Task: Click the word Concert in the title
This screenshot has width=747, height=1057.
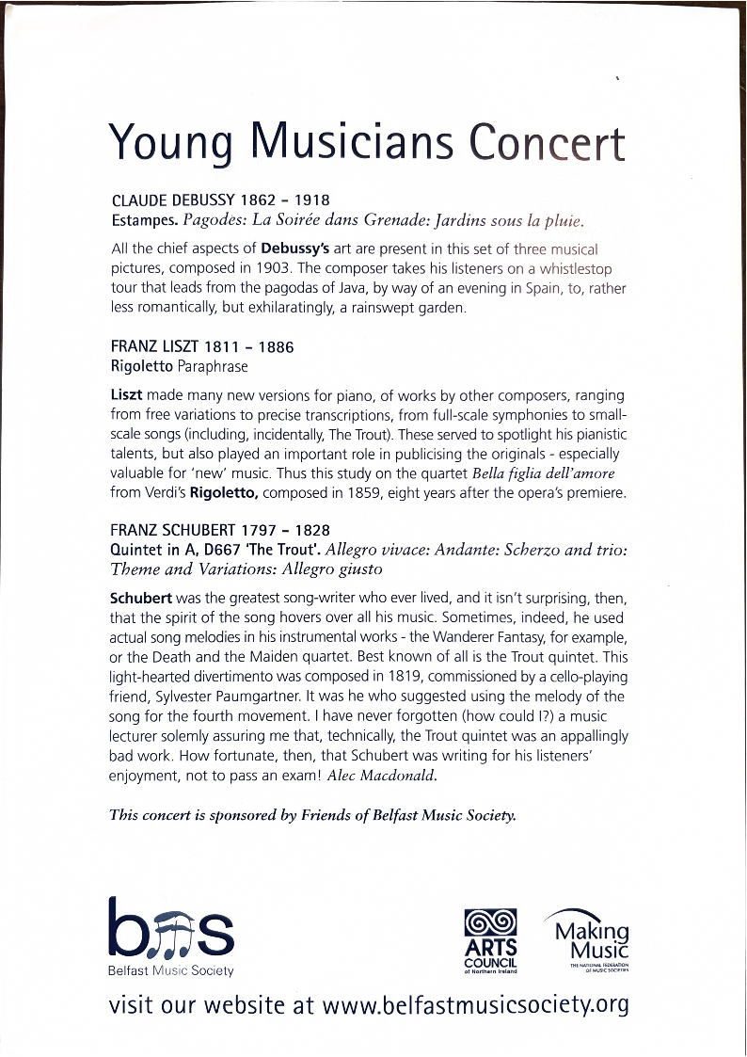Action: click(547, 143)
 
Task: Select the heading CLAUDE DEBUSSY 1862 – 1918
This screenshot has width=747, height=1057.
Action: click(220, 200)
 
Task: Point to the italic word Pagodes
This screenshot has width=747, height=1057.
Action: click(216, 222)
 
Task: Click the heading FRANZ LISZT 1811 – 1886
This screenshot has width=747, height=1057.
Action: click(202, 346)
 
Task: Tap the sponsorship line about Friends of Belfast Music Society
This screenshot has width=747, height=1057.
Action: click(313, 815)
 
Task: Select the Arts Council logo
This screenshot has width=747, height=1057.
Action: click(491, 940)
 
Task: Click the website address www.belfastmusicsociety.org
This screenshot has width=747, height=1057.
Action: click(474, 1004)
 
